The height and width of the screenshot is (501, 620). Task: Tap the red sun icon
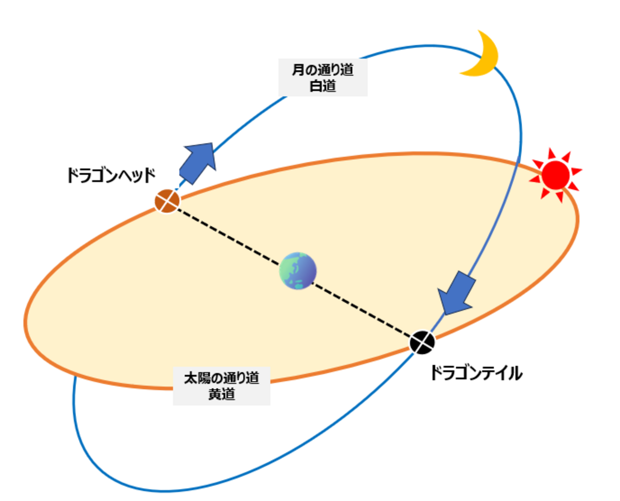(x=556, y=174)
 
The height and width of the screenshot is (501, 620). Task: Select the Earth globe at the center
(x=298, y=271)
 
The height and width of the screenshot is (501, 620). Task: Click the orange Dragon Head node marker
(x=167, y=201)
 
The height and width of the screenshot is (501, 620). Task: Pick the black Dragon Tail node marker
(x=422, y=342)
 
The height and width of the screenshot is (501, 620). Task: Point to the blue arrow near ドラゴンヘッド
(x=198, y=162)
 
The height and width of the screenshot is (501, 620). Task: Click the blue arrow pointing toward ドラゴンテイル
(x=457, y=292)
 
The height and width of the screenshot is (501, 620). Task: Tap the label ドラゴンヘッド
(x=111, y=175)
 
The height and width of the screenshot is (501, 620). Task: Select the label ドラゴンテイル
(x=476, y=373)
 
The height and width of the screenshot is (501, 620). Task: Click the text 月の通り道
(x=323, y=70)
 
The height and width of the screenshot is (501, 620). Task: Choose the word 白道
(x=323, y=86)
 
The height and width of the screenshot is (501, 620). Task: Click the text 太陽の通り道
(x=222, y=378)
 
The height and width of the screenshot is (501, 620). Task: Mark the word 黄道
(x=222, y=394)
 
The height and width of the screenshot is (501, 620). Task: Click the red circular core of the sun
(x=556, y=175)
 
